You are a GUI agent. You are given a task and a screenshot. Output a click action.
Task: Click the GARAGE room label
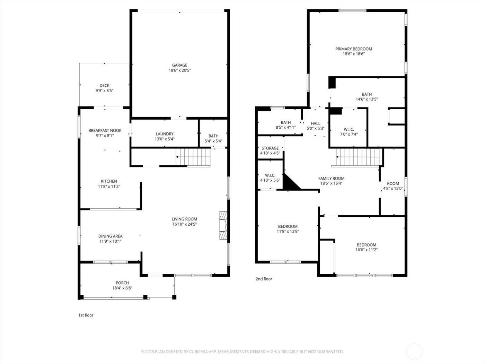click(179, 65)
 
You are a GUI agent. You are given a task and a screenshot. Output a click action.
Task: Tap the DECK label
click(104, 86)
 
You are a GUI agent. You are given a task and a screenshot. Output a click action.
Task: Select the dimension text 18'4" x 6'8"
click(122, 288)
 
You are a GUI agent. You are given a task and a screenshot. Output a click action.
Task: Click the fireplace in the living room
click(223, 225)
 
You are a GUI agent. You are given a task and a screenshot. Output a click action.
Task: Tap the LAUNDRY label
click(165, 134)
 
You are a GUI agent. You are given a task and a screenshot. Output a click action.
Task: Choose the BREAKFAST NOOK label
click(105, 130)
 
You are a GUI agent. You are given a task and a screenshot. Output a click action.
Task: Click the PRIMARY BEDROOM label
click(353, 49)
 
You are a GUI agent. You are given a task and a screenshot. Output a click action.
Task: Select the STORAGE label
click(270, 148)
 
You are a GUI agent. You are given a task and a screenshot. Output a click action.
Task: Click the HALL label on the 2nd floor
click(315, 123)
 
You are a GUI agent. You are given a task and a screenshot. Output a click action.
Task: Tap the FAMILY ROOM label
click(331, 178)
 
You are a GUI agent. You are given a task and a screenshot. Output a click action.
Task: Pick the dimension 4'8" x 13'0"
click(393, 189)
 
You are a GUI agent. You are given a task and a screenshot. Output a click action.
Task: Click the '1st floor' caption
click(86, 315)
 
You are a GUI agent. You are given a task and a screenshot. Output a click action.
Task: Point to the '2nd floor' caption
click(264, 279)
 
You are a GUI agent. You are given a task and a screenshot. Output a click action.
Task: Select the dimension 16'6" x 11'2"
click(366, 250)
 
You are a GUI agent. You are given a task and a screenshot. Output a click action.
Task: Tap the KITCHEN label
click(109, 181)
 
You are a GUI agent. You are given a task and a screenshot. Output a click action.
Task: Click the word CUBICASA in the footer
click(198, 352)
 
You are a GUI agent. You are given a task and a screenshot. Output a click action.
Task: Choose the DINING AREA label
click(110, 236)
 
